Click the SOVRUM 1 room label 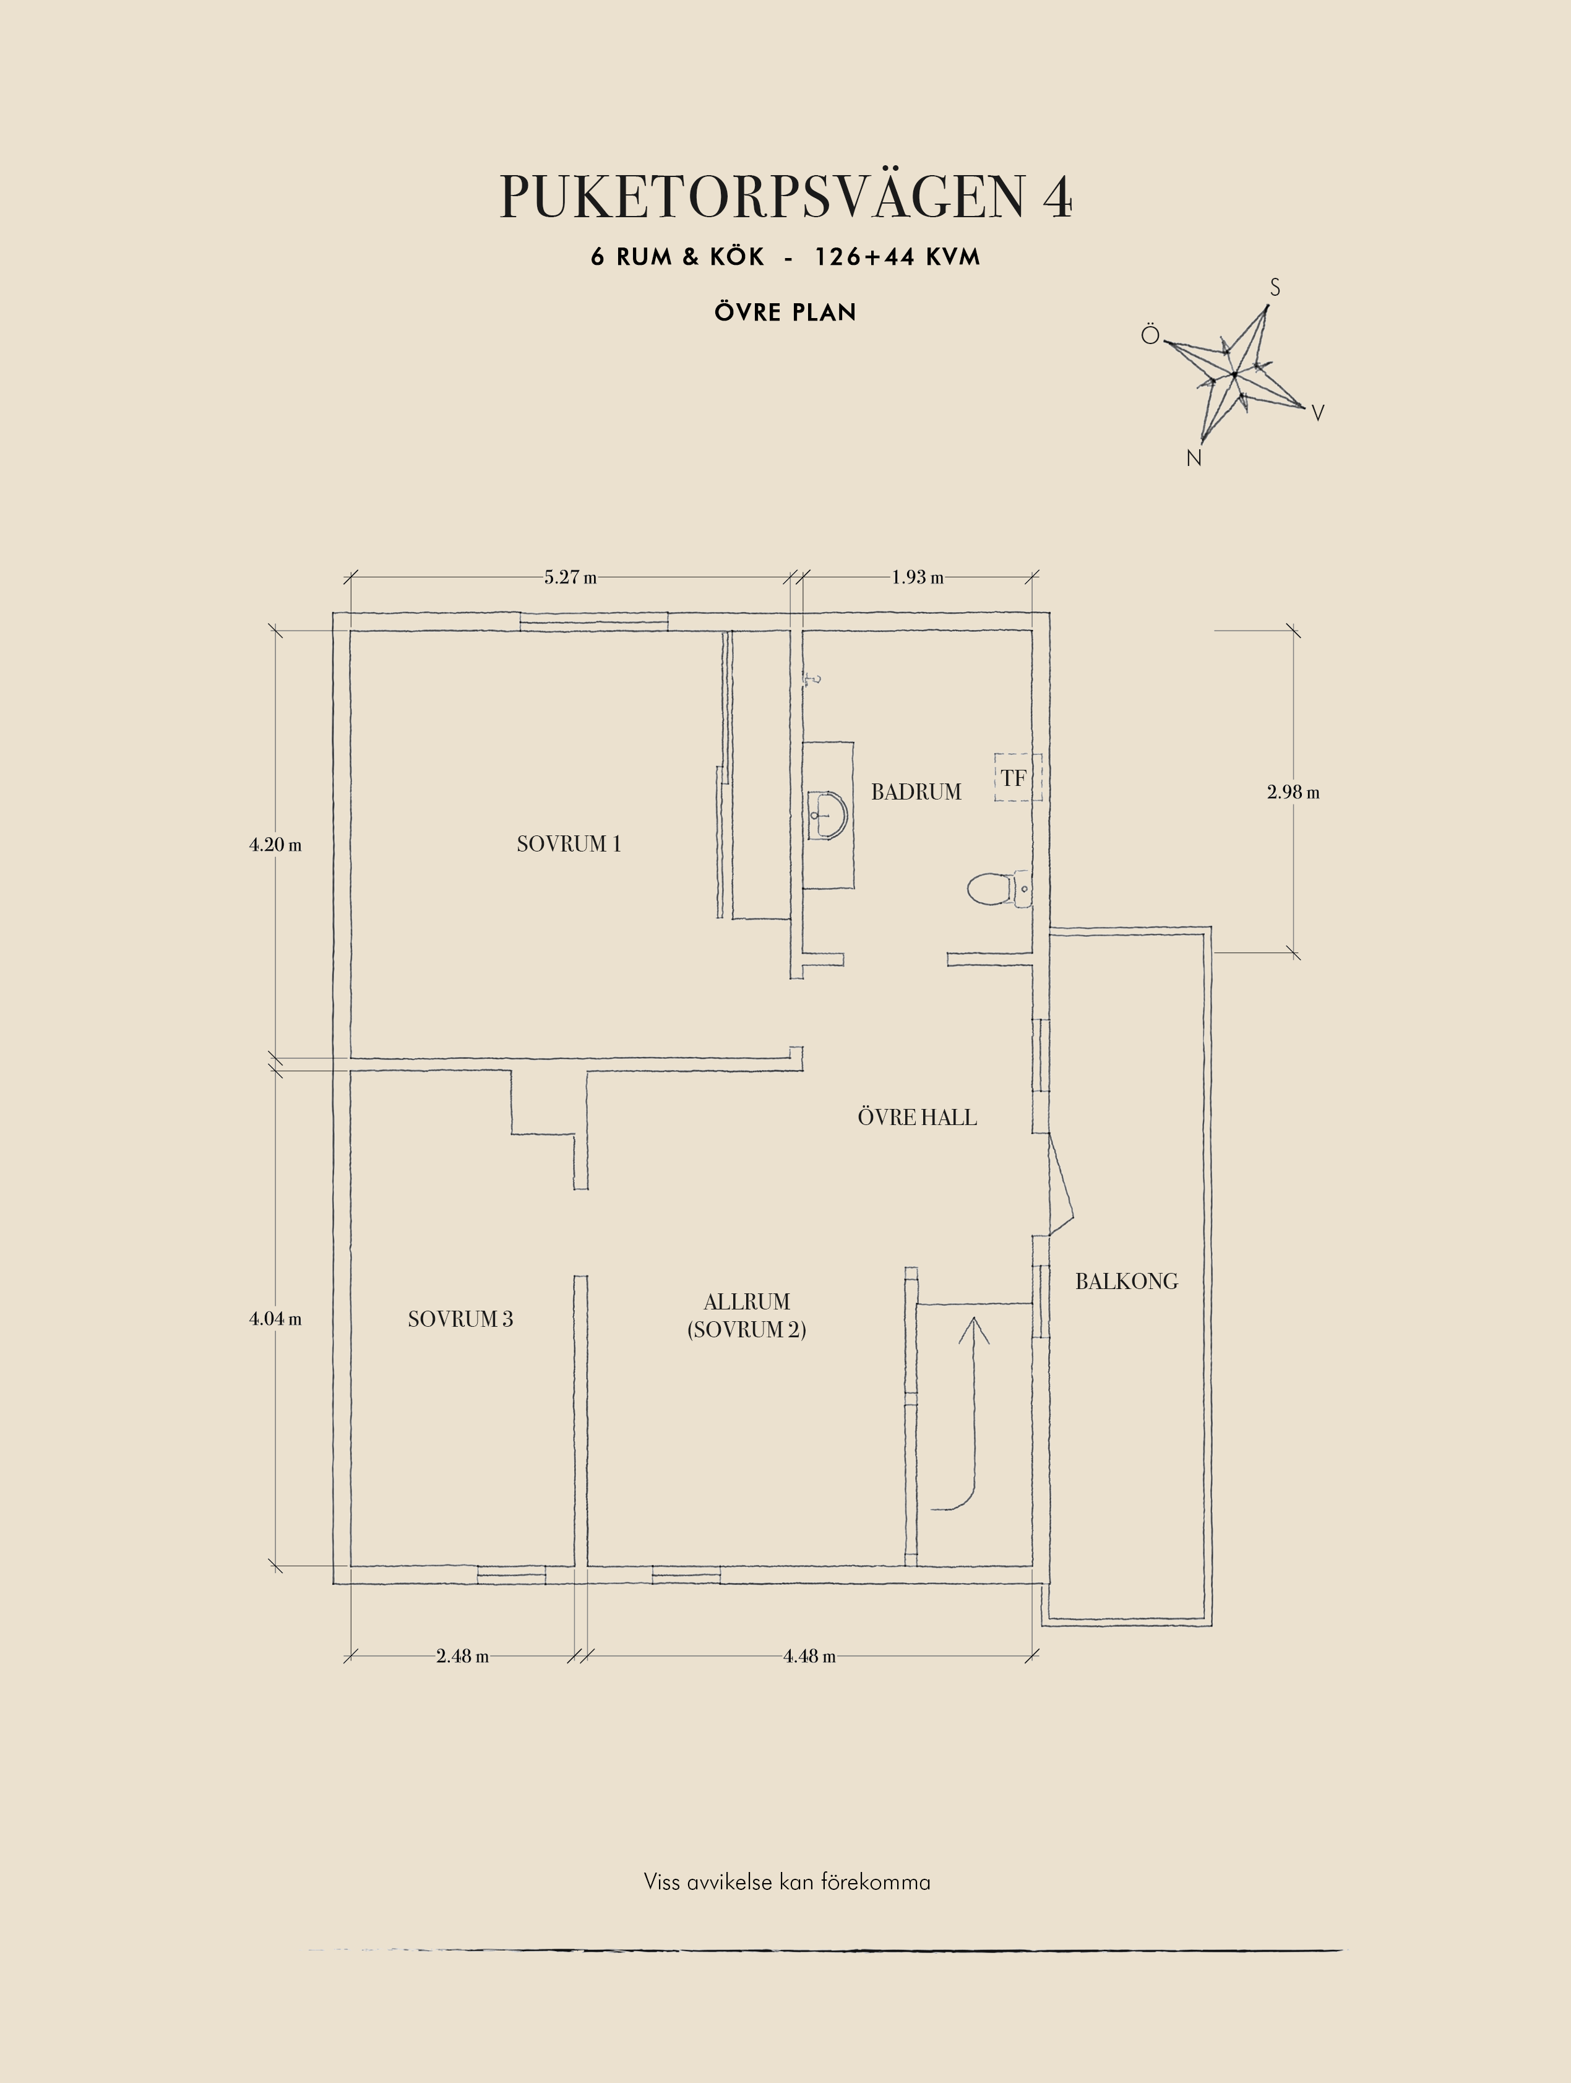click(x=569, y=843)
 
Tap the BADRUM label click(x=916, y=792)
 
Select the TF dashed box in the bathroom click(x=1017, y=778)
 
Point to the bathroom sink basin click(x=827, y=814)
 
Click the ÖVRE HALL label click(x=917, y=1118)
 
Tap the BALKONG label click(x=1127, y=1282)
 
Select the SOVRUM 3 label click(x=460, y=1319)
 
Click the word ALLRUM click(x=746, y=1303)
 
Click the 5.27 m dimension click(x=570, y=577)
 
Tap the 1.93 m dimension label click(x=918, y=577)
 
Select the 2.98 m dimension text click(x=1293, y=792)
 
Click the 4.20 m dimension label click(x=275, y=845)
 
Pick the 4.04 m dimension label click(x=275, y=1319)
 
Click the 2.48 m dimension click(x=462, y=1655)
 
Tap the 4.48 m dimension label click(x=809, y=1655)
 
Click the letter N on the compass click(x=1194, y=459)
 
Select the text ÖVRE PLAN click(x=785, y=312)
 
